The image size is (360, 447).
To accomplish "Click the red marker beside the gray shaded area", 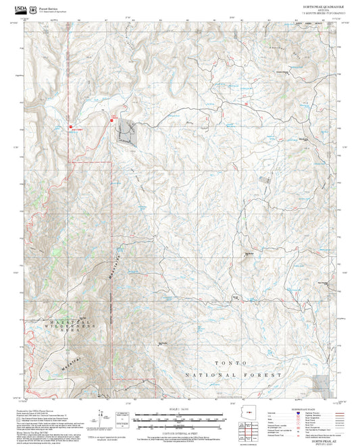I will tap(111, 121).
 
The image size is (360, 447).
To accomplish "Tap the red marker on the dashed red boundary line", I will tap(70, 126).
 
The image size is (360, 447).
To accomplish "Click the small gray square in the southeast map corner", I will tap(327, 381).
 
